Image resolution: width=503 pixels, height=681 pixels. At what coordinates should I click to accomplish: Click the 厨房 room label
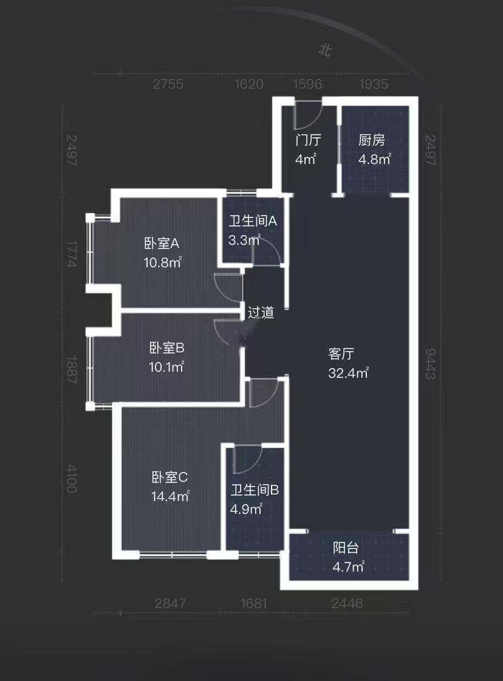(372, 141)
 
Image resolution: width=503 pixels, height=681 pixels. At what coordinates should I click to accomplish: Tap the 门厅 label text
(308, 141)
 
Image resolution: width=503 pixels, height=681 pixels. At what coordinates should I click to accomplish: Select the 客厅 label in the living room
(341, 354)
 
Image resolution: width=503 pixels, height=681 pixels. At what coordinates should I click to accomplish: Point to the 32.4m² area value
(348, 373)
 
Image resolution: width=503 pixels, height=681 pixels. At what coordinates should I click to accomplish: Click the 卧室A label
(162, 244)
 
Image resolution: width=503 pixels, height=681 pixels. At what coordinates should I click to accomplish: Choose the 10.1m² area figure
(166, 367)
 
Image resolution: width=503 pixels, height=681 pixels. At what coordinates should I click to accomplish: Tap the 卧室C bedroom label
(169, 477)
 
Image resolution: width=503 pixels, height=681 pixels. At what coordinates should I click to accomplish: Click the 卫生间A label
(253, 221)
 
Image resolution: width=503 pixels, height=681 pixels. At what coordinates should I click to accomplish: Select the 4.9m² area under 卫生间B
(246, 509)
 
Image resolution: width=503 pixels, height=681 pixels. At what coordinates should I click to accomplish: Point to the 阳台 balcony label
(346, 548)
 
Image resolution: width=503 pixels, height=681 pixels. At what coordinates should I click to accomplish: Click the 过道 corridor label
(261, 313)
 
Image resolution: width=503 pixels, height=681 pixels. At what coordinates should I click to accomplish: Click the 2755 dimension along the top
(168, 84)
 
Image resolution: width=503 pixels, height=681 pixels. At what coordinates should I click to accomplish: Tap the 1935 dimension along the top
(374, 84)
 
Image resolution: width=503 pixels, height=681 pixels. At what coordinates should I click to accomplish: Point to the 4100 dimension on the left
(72, 479)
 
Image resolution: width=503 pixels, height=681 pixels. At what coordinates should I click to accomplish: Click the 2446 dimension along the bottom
(347, 603)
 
